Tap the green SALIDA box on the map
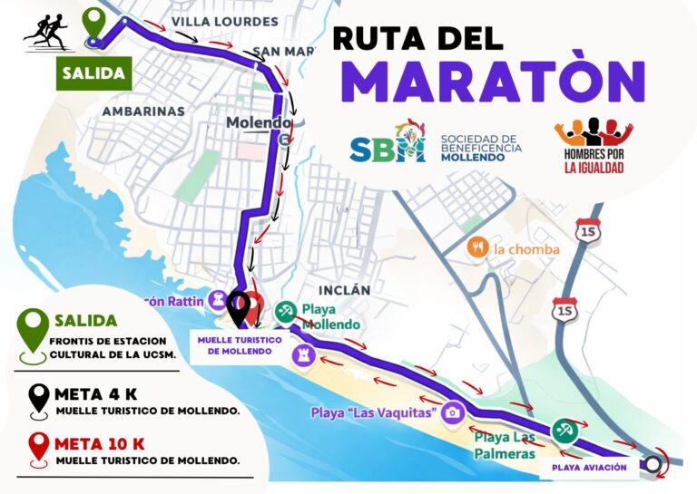tap(93, 72)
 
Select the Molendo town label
tap(259, 122)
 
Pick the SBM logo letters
tap(388, 146)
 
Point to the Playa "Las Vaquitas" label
tap(374, 413)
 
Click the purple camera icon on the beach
tap(453, 412)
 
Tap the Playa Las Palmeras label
tap(505, 444)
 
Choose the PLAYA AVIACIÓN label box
tap(590, 468)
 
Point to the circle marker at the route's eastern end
tap(652, 466)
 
